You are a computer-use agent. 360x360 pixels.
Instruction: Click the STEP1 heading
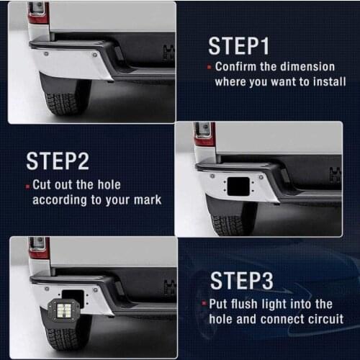coord(238,45)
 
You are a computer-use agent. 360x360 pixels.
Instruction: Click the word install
coord(328,81)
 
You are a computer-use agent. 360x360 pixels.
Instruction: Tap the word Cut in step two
coord(43,184)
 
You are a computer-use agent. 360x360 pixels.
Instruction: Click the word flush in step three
coord(250,304)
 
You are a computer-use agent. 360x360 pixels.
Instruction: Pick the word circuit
coord(324,318)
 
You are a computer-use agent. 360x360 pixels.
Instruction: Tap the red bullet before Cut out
coord(28,185)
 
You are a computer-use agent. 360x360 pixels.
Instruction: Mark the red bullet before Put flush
coord(204,305)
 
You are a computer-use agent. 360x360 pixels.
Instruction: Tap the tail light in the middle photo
coord(204,132)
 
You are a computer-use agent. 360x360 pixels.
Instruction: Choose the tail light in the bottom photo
coord(38,248)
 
